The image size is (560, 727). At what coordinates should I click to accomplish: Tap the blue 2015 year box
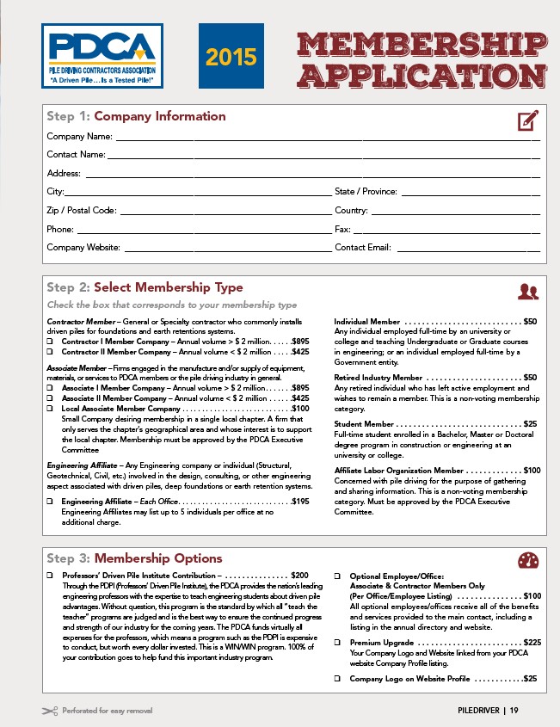click(231, 57)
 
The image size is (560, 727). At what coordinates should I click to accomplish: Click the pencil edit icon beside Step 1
click(527, 120)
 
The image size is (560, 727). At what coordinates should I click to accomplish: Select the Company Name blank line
click(327, 138)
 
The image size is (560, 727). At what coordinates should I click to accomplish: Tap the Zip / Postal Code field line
click(225, 212)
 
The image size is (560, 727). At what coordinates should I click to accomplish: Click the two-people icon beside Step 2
click(527, 292)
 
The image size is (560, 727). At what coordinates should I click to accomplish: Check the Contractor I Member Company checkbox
click(50, 342)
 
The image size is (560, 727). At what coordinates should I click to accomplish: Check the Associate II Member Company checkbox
click(50, 398)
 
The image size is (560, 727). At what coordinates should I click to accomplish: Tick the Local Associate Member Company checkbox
click(50, 409)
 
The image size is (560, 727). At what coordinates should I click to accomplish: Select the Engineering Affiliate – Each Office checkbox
click(50, 501)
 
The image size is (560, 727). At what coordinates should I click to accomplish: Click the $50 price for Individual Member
click(531, 321)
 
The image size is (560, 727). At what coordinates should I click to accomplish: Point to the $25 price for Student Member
click(531, 424)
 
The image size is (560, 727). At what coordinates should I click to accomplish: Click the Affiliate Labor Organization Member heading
click(399, 471)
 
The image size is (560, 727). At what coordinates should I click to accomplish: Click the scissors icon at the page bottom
click(49, 711)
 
